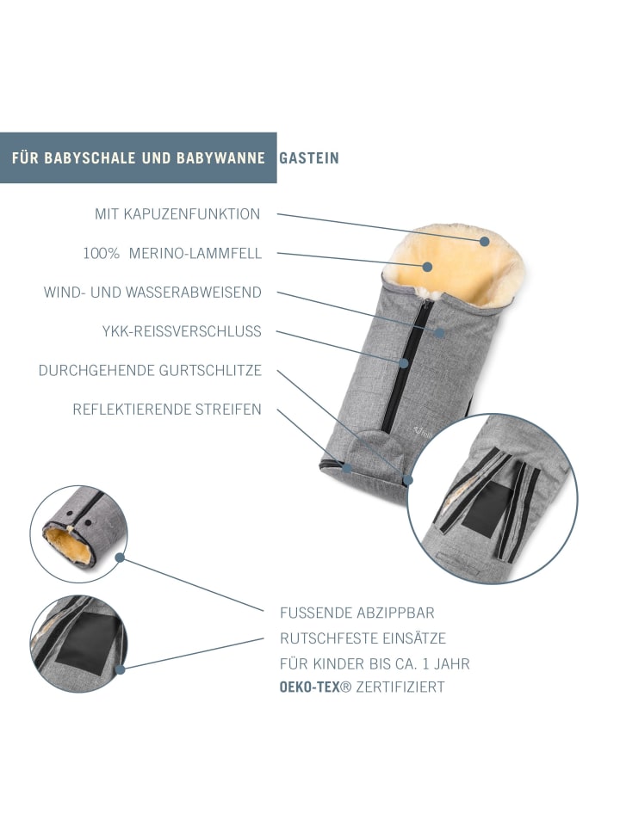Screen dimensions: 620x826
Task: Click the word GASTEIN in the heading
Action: pyautogui.click(x=309, y=158)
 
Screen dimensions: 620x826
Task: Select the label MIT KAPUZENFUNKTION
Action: pyautogui.click(x=177, y=214)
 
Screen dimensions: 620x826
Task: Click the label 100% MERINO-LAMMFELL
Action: pyautogui.click(x=172, y=253)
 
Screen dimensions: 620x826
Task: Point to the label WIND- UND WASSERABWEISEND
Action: pyautogui.click(x=152, y=293)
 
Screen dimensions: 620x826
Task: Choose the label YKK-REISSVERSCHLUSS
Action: pyautogui.click(x=182, y=331)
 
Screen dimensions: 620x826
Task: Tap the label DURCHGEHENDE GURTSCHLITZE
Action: pyautogui.click(x=150, y=370)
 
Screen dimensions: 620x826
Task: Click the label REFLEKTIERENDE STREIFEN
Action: pyautogui.click(x=167, y=410)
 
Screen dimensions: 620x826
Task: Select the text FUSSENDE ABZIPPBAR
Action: pyautogui.click(x=357, y=613)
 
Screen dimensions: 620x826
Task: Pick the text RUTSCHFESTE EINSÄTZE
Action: pyautogui.click(x=363, y=638)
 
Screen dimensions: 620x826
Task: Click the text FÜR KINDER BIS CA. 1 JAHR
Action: pyautogui.click(x=375, y=663)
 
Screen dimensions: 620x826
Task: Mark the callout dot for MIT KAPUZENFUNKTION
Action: pyautogui.click(x=485, y=241)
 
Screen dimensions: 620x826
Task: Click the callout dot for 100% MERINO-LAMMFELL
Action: pyautogui.click(x=428, y=267)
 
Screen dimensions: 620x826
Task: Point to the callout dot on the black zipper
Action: pyautogui.click(x=404, y=363)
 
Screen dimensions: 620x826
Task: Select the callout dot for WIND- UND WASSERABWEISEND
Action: pyautogui.click(x=440, y=333)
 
